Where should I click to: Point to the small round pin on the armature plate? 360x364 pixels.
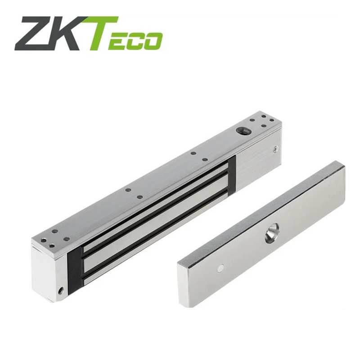pos(220,268)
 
